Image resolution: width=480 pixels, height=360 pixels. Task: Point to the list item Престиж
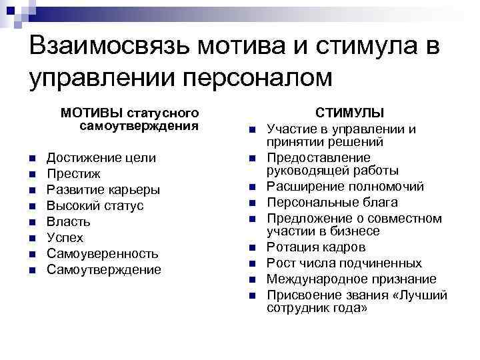(73, 173)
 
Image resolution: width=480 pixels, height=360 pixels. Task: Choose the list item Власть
(68, 221)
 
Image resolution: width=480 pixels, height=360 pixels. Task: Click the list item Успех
(65, 237)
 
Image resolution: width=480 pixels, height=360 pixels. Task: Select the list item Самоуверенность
(102, 253)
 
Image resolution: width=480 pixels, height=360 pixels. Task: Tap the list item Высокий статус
(95, 205)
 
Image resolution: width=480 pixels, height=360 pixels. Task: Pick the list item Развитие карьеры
(103, 189)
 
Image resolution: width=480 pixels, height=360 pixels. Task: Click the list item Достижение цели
(101, 157)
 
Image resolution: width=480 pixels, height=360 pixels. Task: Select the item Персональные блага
(332, 202)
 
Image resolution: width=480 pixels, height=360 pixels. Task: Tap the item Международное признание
(351, 279)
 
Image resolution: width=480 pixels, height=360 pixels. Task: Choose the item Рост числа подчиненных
(344, 263)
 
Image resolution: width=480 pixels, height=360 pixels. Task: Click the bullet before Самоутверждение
(31, 270)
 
